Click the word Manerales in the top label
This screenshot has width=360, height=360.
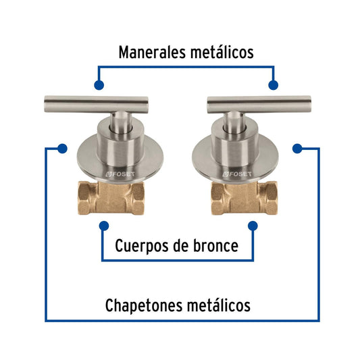152,53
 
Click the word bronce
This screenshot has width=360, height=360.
215,246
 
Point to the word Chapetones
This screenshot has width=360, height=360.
144,306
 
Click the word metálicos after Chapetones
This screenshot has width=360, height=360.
219,305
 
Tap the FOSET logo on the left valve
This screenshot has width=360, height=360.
120,174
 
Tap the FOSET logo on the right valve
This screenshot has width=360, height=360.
237,174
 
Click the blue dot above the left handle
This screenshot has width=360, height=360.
99,85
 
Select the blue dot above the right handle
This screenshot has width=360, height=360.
274,85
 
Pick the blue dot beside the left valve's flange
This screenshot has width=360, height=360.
62,149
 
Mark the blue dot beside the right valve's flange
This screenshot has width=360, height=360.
297,149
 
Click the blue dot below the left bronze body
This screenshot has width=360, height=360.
104,226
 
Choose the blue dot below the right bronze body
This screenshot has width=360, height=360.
253,226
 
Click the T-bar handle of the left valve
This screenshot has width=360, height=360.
96,104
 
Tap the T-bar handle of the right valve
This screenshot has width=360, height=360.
259,104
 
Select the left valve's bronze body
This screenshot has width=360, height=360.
111,198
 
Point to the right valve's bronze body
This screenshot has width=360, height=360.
245,198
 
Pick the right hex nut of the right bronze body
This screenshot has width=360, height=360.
269,198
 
